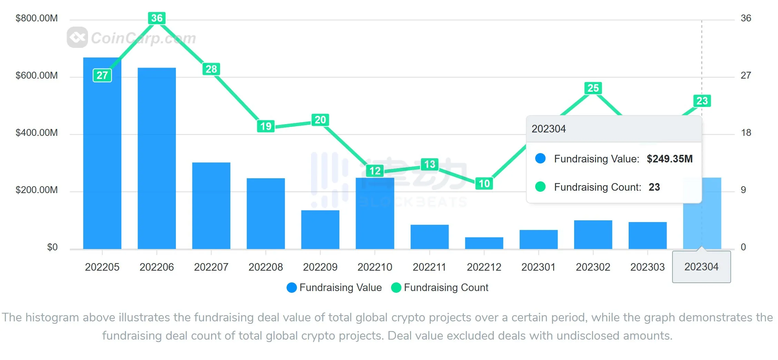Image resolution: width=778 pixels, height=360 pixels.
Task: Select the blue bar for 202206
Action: click(157, 158)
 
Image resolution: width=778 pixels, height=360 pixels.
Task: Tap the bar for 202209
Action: click(320, 229)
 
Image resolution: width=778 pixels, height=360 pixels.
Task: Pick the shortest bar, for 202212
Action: click(484, 243)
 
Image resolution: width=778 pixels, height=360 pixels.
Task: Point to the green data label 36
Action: click(157, 18)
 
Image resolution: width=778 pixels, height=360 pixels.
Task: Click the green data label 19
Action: click(266, 126)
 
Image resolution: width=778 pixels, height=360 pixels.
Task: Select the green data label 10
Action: click(484, 183)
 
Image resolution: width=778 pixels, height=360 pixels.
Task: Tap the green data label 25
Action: click(593, 88)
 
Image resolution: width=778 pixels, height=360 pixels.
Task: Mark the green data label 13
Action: click(430, 164)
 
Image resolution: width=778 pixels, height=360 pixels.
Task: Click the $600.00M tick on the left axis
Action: click(37, 76)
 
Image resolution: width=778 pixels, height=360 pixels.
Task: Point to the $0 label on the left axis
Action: click(52, 247)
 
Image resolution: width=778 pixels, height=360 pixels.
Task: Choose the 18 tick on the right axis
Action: click(746, 133)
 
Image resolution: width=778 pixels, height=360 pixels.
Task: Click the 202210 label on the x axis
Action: click(375, 267)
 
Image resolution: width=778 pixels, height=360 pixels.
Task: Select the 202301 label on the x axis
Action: click(538, 267)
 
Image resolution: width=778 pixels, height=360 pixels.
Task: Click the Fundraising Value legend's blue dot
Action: click(292, 288)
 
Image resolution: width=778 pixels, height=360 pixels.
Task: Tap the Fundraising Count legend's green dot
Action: click(396, 288)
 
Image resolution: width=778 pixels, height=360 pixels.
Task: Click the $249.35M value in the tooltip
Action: click(669, 159)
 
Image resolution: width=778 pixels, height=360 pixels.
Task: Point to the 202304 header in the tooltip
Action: click(549, 129)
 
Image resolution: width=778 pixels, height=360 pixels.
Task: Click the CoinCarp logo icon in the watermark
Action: click(77, 37)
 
